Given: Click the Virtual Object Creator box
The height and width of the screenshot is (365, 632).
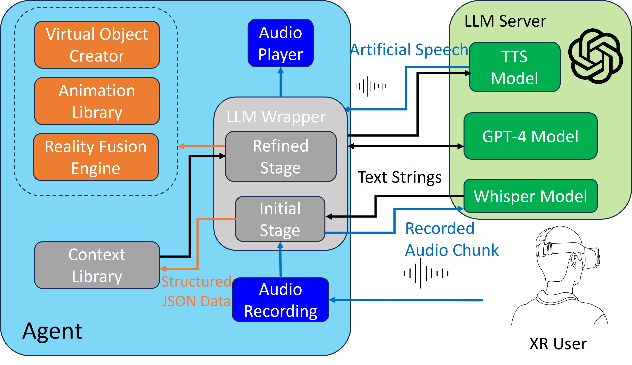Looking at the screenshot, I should pos(97,45).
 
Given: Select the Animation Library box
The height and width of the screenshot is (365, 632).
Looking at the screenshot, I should pos(97,101).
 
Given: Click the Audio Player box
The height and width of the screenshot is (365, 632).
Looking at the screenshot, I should pos(280,43).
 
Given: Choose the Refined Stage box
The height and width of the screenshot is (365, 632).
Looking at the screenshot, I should pos(281,156).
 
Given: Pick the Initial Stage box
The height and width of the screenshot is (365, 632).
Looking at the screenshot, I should pos(280,219).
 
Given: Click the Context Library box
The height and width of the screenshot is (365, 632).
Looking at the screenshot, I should pos(97,265).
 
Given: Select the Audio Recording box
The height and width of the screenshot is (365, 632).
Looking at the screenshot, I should pos(280,300).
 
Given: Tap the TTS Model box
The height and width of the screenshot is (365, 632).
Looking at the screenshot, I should pos(514,67).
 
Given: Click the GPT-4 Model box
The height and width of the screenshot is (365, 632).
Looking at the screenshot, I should pos(530,136).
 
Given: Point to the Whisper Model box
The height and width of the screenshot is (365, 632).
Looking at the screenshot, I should pos(530,196).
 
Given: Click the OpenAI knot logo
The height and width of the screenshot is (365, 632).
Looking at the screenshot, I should pos(595,56).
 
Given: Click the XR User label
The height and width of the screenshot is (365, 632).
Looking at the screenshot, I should pos(558,344).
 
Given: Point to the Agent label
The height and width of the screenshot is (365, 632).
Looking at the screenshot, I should pos(52,331).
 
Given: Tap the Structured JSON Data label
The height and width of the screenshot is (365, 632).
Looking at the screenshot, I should pos(196,291).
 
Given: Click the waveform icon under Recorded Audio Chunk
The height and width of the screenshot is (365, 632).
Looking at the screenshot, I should pos(426,273).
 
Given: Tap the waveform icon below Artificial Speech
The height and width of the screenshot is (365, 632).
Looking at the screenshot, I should pos(371,86).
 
